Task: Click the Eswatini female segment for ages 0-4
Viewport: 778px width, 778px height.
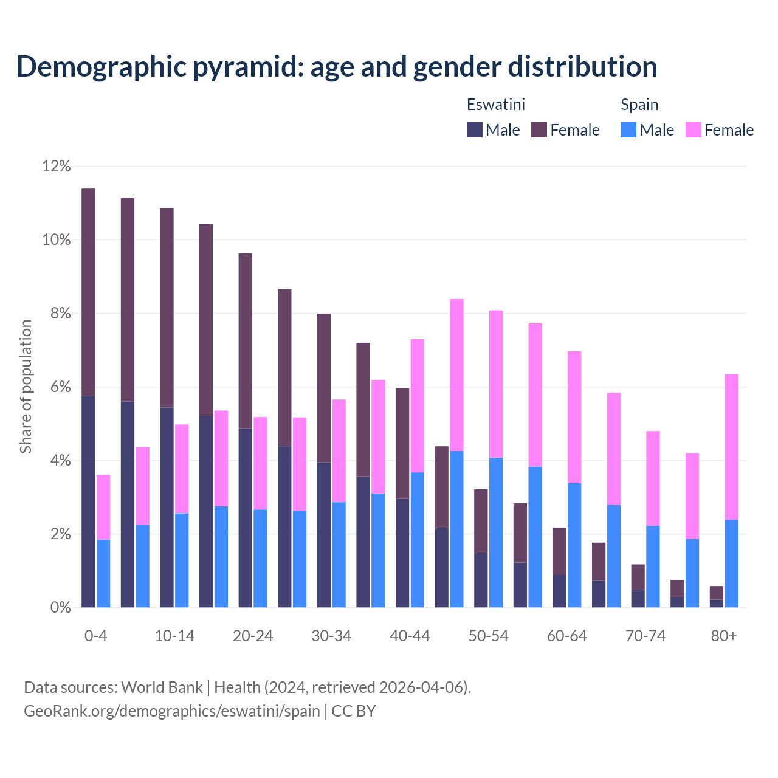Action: (x=88, y=292)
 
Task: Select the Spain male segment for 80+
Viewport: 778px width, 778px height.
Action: (x=731, y=563)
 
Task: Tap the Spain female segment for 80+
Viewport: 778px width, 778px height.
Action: (x=731, y=447)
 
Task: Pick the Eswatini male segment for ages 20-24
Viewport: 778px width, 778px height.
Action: (x=245, y=517)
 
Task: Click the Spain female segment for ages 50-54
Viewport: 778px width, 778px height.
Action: (x=496, y=384)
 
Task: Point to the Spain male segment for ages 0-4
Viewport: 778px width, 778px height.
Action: (x=103, y=573)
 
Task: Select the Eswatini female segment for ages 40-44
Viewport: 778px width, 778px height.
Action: (x=402, y=443)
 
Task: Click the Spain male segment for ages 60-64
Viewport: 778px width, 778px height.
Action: (x=574, y=545)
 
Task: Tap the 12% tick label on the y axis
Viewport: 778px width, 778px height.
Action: (x=57, y=166)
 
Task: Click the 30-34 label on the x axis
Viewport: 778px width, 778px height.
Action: (x=331, y=636)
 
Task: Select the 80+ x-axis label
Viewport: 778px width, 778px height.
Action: (x=724, y=636)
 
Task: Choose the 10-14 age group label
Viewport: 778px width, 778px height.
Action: (x=174, y=636)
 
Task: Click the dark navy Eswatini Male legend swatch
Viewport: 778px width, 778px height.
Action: (x=474, y=129)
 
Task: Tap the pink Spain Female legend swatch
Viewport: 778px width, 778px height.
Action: (x=693, y=129)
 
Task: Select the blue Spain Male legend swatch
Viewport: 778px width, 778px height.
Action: (x=628, y=129)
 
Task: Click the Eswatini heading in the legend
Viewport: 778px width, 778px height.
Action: (x=495, y=105)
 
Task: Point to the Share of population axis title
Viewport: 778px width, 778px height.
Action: (x=26, y=387)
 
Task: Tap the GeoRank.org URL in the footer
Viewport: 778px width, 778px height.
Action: (x=171, y=711)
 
